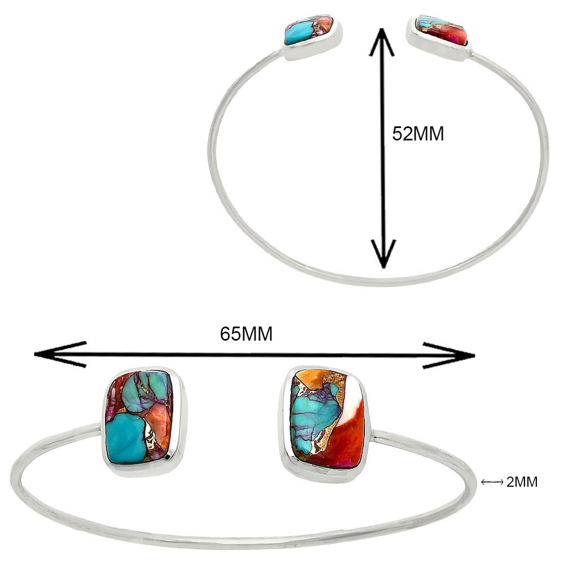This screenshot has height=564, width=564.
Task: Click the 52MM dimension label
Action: (x=418, y=134)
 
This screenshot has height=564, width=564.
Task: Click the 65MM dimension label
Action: (x=246, y=334)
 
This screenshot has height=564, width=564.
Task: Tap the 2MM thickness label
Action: (x=522, y=482)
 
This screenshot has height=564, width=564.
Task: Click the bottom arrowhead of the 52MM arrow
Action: (x=383, y=254)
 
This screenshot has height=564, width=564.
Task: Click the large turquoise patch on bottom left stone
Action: (x=125, y=438)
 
